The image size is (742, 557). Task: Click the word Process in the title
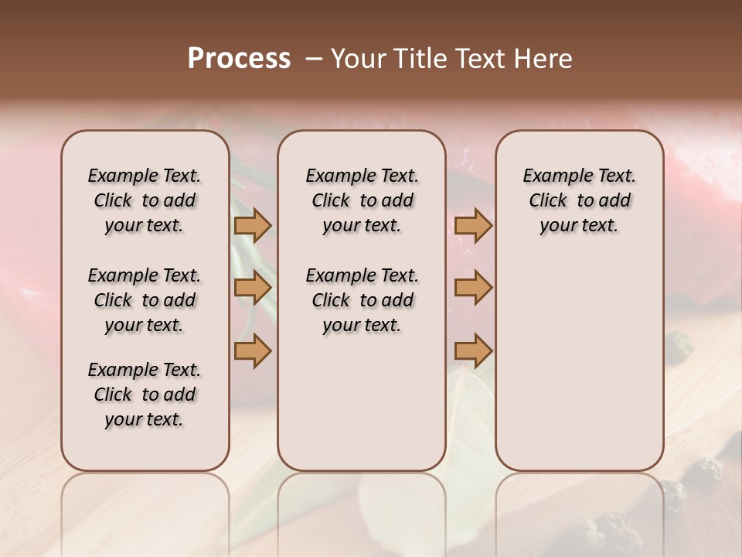tap(239, 59)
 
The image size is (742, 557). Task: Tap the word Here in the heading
tap(544, 59)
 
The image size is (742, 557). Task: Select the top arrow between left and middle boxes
tap(253, 225)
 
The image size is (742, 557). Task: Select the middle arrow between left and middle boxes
tap(253, 288)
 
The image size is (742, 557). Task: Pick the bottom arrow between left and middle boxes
tap(253, 350)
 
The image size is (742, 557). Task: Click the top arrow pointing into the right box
tap(473, 225)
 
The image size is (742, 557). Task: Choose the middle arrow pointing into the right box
tap(473, 288)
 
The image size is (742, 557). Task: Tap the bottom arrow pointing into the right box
tap(473, 350)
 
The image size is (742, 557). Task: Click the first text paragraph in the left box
tap(145, 200)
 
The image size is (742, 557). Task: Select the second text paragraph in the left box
tap(145, 300)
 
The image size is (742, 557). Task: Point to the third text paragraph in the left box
tap(145, 395)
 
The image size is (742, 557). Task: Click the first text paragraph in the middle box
tap(362, 200)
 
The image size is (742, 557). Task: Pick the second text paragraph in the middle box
tap(362, 300)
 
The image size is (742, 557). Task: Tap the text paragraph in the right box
tap(579, 200)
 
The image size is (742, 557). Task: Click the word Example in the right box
tap(552, 176)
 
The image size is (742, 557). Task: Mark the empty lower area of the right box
tap(579, 364)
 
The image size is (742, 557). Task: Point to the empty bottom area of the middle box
tap(362, 410)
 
